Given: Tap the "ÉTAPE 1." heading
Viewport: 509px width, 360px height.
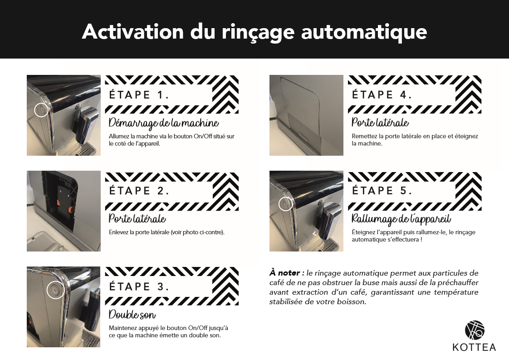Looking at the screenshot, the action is pos(139,95).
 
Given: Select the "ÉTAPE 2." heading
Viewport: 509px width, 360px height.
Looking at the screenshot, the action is pos(139,191).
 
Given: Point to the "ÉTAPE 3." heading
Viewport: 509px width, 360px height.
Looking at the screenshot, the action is pos(139,286).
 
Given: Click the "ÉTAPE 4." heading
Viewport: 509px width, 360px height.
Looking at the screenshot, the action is pos(382,94).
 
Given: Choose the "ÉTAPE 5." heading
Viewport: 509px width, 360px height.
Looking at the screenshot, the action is pos(382,190).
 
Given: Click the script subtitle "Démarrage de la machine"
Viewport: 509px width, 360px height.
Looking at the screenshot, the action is pos(164,123).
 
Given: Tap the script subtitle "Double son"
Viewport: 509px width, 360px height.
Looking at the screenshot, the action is pos(132,315).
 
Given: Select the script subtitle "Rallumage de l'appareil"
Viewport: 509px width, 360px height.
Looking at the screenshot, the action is pos(401,219).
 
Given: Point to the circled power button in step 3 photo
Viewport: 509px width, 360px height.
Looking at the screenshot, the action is pos(55,290).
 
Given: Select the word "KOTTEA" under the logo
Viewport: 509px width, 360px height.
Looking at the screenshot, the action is pos(474,347).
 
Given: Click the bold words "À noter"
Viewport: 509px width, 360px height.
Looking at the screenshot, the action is pos(285,273).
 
